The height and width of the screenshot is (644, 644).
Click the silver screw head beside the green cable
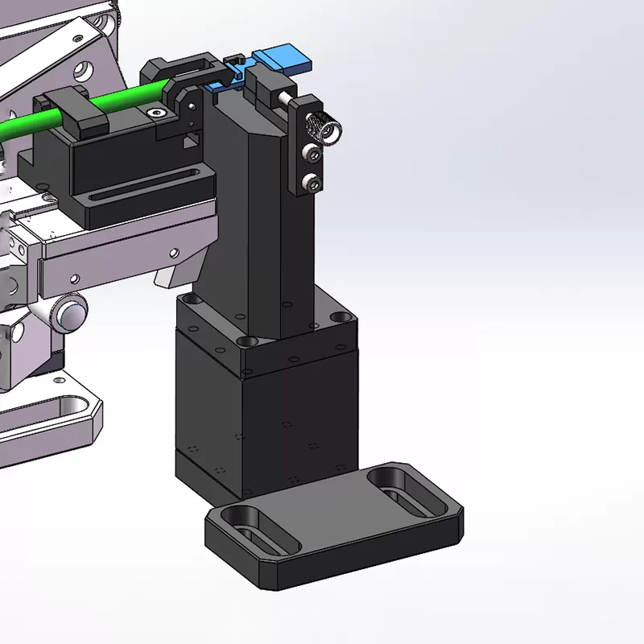(158, 114)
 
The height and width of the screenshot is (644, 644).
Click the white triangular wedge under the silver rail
(166, 278)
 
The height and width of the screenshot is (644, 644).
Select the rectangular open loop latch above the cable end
(192, 65)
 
